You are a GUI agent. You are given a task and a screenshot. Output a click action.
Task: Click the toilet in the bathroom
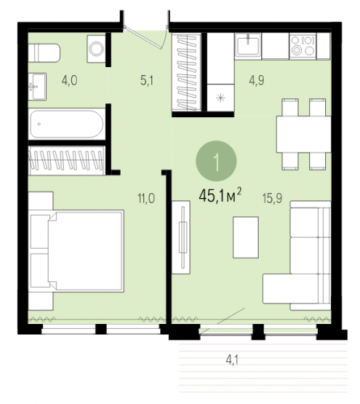tap(44, 53)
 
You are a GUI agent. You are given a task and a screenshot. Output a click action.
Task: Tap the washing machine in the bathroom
tap(96, 48)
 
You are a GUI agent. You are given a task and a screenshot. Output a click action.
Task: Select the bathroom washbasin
tap(37, 86)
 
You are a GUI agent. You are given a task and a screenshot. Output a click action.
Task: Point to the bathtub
tap(66, 124)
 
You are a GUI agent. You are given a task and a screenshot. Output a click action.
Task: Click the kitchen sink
tap(248, 46)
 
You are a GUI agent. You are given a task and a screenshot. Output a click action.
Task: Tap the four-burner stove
tap(303, 46)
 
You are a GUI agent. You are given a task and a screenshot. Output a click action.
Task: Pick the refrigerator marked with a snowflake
tap(220, 98)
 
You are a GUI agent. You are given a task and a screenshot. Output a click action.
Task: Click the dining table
tap(303, 134)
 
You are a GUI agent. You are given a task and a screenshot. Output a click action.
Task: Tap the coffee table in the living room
tap(246, 238)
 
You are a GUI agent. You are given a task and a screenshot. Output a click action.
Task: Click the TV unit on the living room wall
tap(181, 238)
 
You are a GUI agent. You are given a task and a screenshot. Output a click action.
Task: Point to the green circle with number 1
tap(216, 161)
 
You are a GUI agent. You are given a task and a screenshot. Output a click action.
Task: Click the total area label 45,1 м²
tap(220, 196)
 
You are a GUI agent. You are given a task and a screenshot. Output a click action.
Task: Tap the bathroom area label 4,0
tap(70, 80)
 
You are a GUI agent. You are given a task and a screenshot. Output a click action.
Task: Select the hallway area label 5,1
tap(146, 80)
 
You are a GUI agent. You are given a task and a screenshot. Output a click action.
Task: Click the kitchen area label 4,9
tap(256, 80)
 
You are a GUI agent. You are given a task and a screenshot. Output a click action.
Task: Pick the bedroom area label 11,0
tap(146, 199)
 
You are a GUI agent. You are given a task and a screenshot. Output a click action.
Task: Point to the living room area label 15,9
tap(273, 198)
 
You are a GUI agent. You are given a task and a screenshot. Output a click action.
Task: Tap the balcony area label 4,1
tap(232, 360)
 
